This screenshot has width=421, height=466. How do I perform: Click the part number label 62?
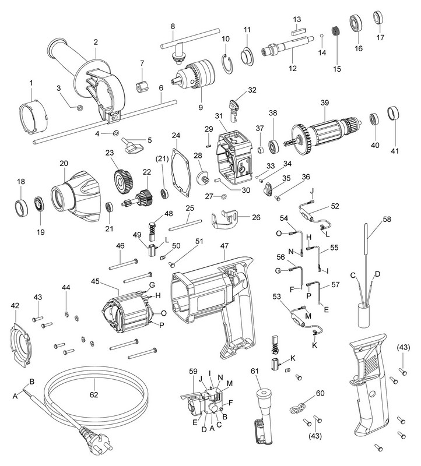click(x=94, y=394)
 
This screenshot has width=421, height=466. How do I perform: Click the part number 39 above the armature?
click(x=325, y=103)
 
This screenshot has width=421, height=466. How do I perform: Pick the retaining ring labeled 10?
click(x=229, y=62)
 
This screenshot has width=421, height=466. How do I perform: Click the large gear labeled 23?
click(x=122, y=182)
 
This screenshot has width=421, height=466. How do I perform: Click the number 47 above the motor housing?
click(x=224, y=246)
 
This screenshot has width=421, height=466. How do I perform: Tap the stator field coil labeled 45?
click(x=128, y=313)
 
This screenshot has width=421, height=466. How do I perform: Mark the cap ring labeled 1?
click(x=34, y=118)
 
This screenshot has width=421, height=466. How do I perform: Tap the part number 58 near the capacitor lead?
click(x=387, y=220)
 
